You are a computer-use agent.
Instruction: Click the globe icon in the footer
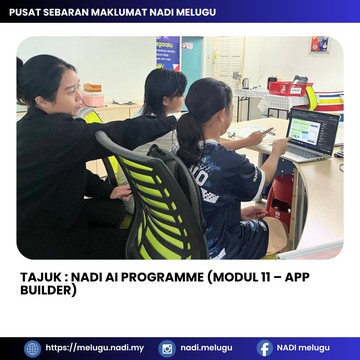(x=32, y=349)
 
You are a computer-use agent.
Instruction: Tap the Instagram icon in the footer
(x=167, y=349)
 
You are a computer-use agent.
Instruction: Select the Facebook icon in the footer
(x=265, y=349)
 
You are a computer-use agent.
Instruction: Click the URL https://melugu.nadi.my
(x=95, y=348)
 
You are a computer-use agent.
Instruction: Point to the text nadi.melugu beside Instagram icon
(x=207, y=348)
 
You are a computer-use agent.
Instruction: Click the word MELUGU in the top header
(x=197, y=12)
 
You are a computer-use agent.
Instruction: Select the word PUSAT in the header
(x=23, y=12)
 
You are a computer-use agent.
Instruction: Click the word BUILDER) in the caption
(x=48, y=290)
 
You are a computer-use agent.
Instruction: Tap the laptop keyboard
(x=303, y=153)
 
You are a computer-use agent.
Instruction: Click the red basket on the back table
(x=290, y=89)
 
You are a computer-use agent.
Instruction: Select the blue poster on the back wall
(x=168, y=53)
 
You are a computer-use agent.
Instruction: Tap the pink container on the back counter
(x=93, y=99)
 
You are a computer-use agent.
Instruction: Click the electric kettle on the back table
(x=246, y=83)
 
